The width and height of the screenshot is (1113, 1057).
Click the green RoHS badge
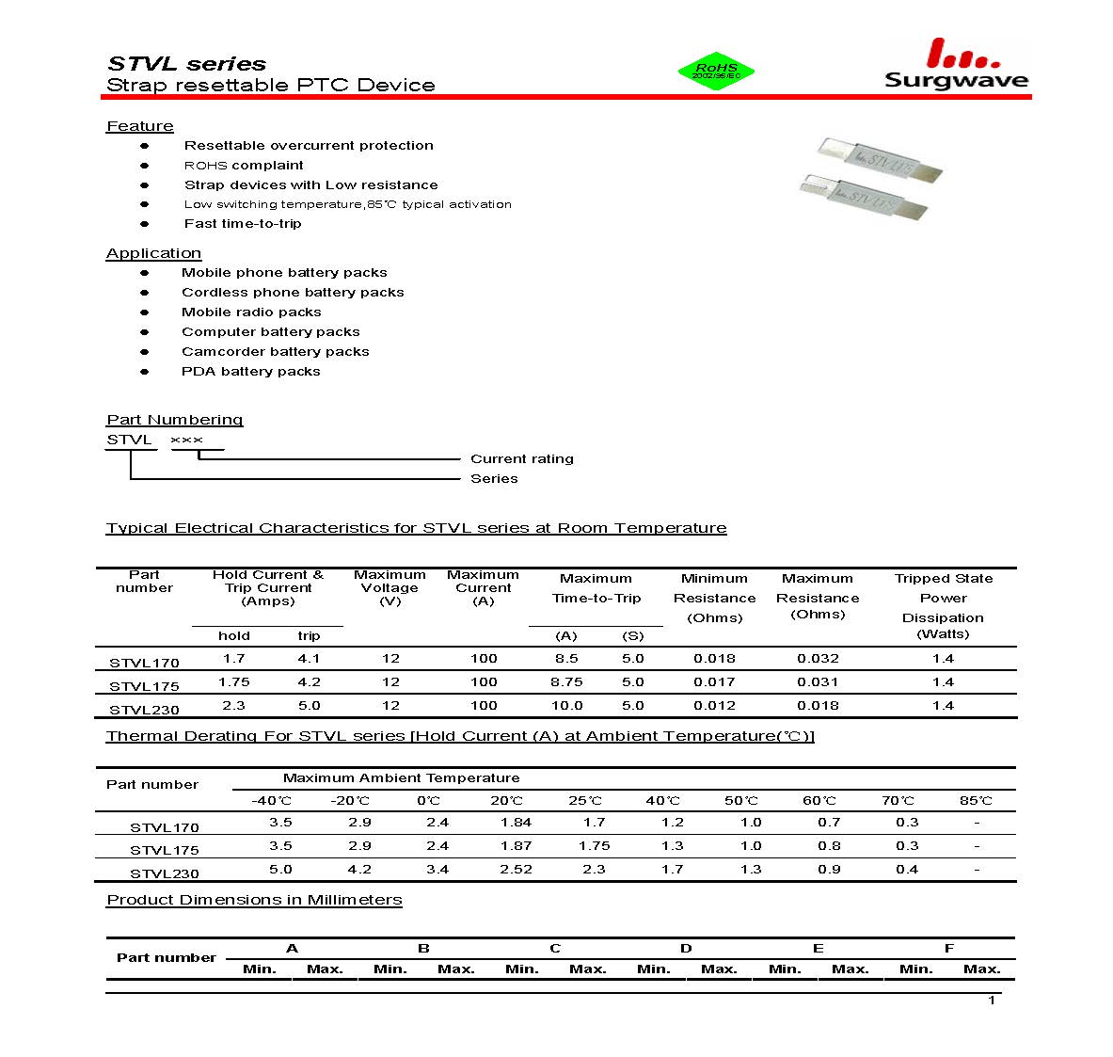pyautogui.click(x=716, y=72)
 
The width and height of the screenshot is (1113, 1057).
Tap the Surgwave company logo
pyautogui.click(x=955, y=66)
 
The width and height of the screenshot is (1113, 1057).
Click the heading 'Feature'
pyautogui.click(x=140, y=126)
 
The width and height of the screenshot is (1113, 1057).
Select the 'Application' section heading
pyautogui.click(x=153, y=253)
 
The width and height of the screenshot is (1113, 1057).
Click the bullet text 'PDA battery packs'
pyautogui.click(x=250, y=372)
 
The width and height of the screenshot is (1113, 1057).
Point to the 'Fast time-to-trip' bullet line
pyautogui.click(x=243, y=224)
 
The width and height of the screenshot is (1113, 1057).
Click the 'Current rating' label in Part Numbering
pyautogui.click(x=521, y=459)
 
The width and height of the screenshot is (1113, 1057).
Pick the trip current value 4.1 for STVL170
pyautogui.click(x=309, y=659)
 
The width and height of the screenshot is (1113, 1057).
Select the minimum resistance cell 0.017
pyautogui.click(x=714, y=682)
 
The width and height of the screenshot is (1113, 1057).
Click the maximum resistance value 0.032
pyautogui.click(x=818, y=659)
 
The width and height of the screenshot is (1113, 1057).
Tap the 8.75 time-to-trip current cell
pyautogui.click(x=566, y=682)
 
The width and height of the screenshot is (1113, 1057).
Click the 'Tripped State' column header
pyautogui.click(x=943, y=579)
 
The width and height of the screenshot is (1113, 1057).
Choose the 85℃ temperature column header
pyautogui.click(x=976, y=801)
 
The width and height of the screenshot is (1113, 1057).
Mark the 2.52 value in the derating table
pyautogui.click(x=516, y=870)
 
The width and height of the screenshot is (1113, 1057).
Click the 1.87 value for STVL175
pyautogui.click(x=516, y=846)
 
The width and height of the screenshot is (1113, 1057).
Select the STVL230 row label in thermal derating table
pyautogui.click(x=165, y=873)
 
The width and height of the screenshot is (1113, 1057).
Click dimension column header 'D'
pyautogui.click(x=686, y=949)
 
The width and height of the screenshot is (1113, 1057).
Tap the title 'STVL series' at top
pyautogui.click(x=187, y=64)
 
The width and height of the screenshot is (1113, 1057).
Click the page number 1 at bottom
pyautogui.click(x=992, y=1000)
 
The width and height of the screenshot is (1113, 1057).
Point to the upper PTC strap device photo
pyautogui.click(x=880, y=157)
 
